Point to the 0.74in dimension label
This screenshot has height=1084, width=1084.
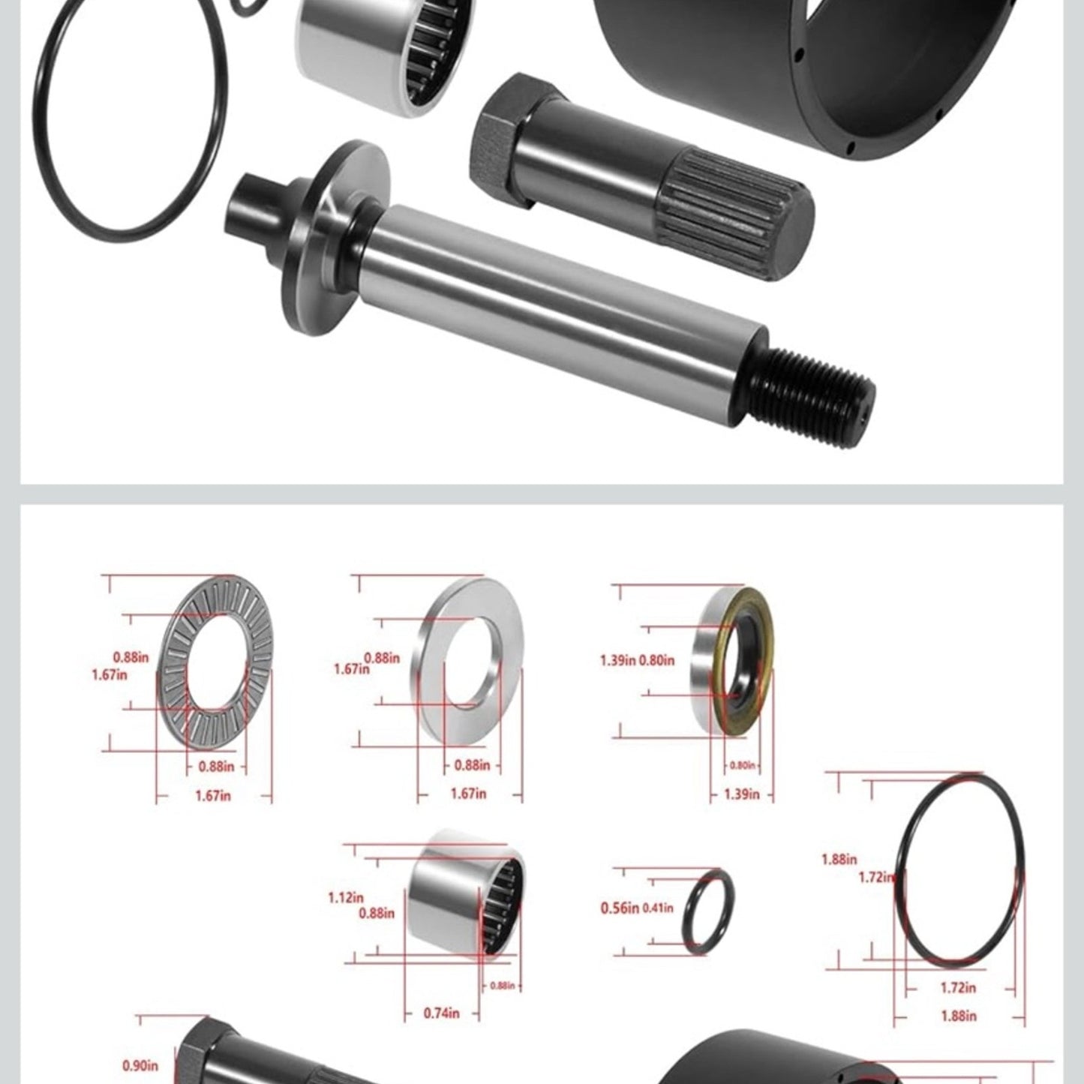[x=441, y=1013]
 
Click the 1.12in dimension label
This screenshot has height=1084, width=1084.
[x=345, y=897]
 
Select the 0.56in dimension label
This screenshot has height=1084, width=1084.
[x=620, y=908]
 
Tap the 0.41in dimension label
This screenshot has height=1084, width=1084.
[x=658, y=908]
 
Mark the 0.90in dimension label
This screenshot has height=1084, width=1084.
[x=140, y=1065]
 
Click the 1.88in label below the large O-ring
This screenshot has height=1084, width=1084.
[x=958, y=1016]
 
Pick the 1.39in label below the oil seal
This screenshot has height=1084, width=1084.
[x=742, y=794]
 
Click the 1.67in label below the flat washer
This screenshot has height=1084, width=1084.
[x=468, y=793]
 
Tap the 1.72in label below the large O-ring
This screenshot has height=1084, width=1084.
[x=958, y=988]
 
